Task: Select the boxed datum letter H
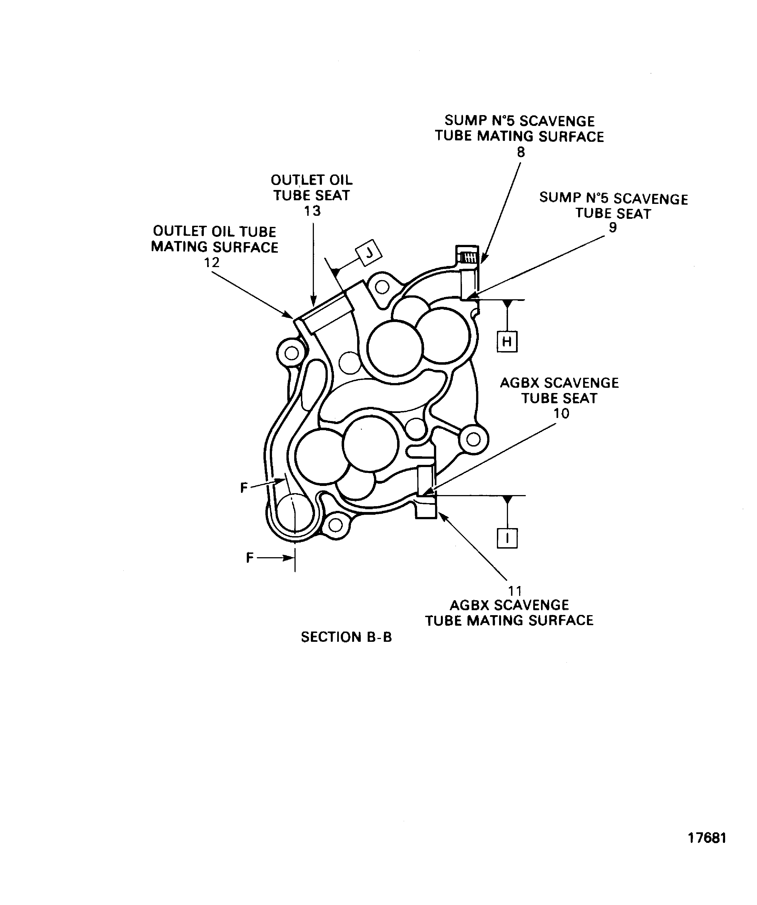(507, 342)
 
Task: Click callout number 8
(521, 152)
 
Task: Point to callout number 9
(613, 227)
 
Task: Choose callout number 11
(515, 590)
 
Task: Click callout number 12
(212, 262)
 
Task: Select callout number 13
(313, 211)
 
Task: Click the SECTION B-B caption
(346, 637)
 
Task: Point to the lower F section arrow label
(250, 558)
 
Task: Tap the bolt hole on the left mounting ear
(292, 353)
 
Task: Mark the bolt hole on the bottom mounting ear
(335, 525)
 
